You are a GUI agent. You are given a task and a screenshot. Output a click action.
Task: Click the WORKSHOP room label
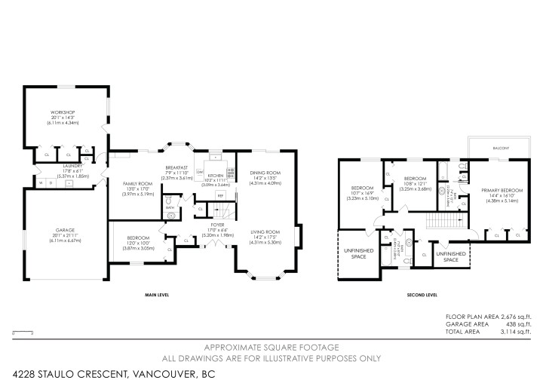(63, 112)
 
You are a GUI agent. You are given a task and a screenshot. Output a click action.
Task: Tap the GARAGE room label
(63, 230)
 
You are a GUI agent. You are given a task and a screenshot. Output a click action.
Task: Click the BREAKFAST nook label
(177, 167)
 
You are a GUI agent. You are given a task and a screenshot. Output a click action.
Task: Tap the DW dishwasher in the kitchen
(200, 173)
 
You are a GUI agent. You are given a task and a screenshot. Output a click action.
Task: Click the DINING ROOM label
(265, 173)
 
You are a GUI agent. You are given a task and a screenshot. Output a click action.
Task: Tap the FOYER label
(217, 224)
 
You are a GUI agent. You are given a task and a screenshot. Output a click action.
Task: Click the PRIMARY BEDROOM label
(502, 190)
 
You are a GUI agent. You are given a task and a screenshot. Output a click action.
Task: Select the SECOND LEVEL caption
(422, 296)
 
